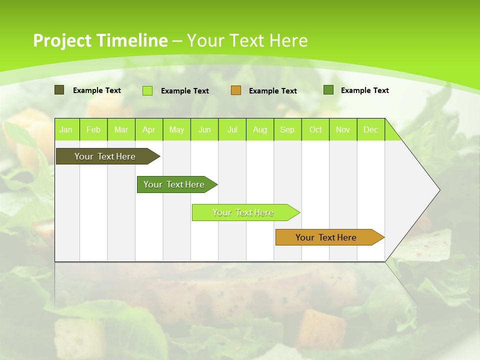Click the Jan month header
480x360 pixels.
pyautogui.click(x=66, y=130)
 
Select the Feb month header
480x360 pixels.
pyautogui.click(x=93, y=130)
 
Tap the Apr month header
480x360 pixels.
pyautogui.click(x=148, y=130)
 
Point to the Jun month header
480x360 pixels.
pyautogui.click(x=204, y=130)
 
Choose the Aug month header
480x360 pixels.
pyautogui.click(x=260, y=130)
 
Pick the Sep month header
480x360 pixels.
pyautogui.click(x=287, y=130)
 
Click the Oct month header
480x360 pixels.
pyautogui.click(x=315, y=130)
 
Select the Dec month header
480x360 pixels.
pyautogui.click(x=371, y=130)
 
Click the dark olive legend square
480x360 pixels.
pyautogui.click(x=59, y=90)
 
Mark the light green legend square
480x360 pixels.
pyautogui.click(x=147, y=90)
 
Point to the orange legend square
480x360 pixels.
pyautogui.click(x=236, y=90)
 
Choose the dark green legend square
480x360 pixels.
pyautogui.click(x=328, y=90)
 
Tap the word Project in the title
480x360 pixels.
pyautogui.click(x=61, y=40)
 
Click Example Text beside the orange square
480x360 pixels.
pyautogui.click(x=273, y=91)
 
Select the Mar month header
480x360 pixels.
pyautogui.click(x=121, y=130)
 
